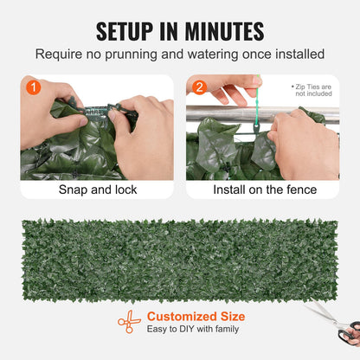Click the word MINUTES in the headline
click(x=220, y=31)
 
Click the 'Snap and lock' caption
click(x=97, y=190)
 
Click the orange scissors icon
click(x=129, y=322)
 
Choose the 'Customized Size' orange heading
click(x=196, y=317)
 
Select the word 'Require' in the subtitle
click(x=58, y=55)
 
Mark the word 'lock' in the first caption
click(x=124, y=190)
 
